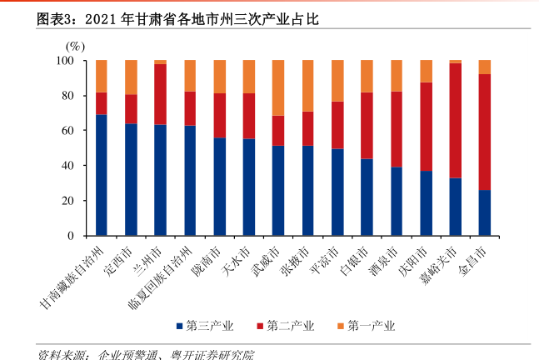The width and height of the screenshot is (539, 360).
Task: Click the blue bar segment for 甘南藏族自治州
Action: [x=102, y=175]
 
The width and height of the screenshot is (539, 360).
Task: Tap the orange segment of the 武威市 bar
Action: [x=278, y=87]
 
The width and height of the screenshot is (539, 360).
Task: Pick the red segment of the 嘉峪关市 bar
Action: [x=455, y=120]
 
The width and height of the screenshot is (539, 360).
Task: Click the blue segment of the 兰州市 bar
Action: [x=160, y=180]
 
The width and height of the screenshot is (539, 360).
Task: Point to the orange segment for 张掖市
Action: [x=307, y=86]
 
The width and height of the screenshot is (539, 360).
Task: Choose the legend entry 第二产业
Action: [x=285, y=326]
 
